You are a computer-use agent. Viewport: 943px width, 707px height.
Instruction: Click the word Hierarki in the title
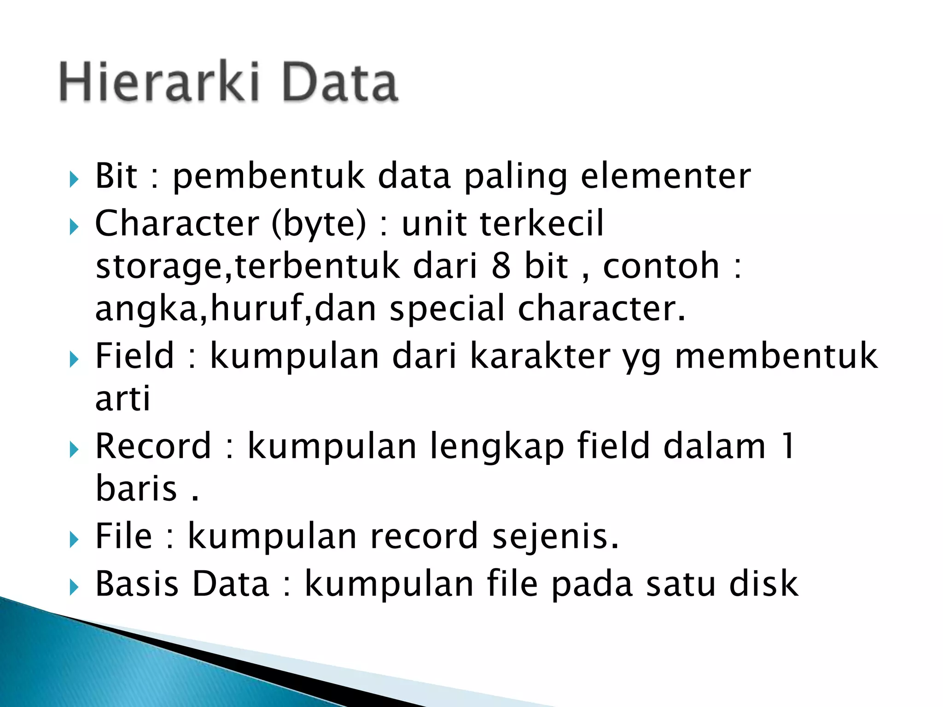point(159,83)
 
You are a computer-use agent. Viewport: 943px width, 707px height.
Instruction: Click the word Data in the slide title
point(340,83)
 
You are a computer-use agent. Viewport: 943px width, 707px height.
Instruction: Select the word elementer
point(665,176)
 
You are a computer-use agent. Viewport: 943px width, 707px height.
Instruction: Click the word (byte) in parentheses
point(319,225)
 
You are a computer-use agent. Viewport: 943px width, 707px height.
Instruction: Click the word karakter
point(540,356)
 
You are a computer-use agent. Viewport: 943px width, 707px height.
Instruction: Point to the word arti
point(122,399)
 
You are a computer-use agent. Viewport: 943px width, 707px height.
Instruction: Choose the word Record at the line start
point(153,446)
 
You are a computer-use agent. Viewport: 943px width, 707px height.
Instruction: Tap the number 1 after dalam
point(788,446)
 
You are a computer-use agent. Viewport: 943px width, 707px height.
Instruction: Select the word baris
point(136,488)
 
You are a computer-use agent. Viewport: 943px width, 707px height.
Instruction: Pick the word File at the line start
point(123,536)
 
